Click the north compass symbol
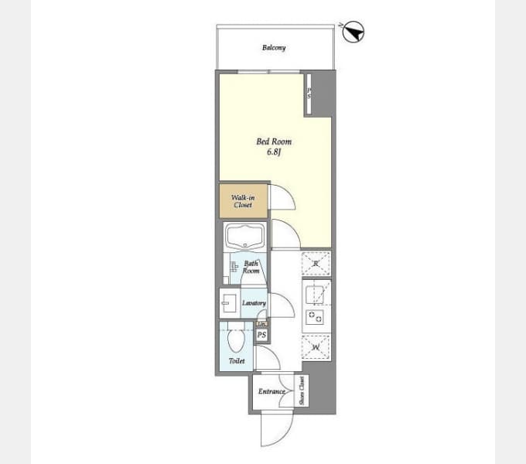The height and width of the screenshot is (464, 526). point(354,32)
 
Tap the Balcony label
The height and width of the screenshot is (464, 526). point(273,48)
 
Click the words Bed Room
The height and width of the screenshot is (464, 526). point(274,142)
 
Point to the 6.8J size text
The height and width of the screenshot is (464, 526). point(274,152)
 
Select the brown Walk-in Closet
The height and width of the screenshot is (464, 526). point(243,201)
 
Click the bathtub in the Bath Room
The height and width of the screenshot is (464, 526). point(244,237)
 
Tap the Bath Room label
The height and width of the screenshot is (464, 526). point(251,268)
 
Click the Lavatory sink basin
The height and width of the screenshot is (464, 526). point(229,302)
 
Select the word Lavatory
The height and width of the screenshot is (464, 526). point(254,303)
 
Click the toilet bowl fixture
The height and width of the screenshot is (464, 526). point(236,339)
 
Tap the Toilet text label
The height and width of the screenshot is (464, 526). point(237,361)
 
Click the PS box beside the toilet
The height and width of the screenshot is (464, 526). point(261,335)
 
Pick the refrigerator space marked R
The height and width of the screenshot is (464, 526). point(316,264)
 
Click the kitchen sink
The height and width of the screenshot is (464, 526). point(316,295)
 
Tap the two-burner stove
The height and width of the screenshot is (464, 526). point(316,316)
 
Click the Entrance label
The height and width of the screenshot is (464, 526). point(272,392)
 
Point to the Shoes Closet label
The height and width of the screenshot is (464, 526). point(302,391)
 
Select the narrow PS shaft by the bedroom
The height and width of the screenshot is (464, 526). point(309,93)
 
